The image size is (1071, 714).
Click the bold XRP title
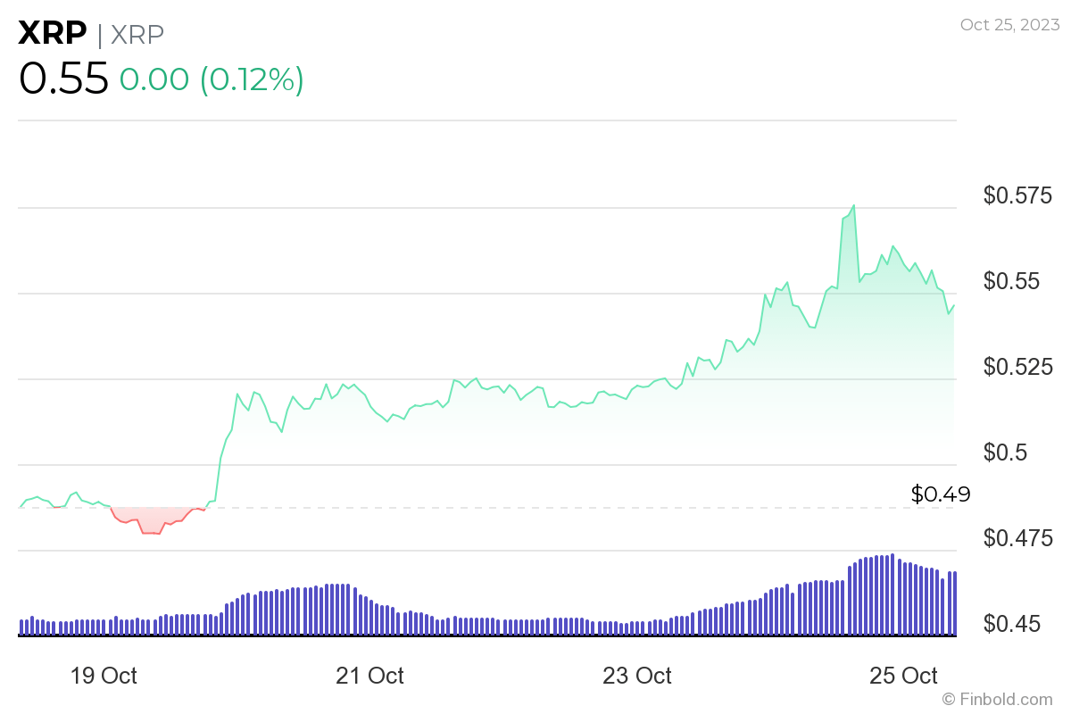tap(53, 33)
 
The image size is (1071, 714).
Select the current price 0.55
tap(63, 79)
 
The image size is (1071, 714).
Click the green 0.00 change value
tap(154, 79)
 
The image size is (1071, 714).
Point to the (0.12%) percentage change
tap(252, 79)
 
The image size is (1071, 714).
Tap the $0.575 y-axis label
tap(1017, 195)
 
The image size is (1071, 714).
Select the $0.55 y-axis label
tap(1017, 280)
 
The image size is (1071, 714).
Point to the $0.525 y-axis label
tap(1017, 366)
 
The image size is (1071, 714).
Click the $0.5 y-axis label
tap(1005, 452)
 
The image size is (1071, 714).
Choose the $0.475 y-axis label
tap(1017, 537)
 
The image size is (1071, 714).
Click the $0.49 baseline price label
tap(941, 494)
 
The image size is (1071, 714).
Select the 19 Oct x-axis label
tap(104, 676)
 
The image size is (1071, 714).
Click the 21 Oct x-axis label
tap(369, 676)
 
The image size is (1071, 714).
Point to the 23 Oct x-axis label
tap(636, 676)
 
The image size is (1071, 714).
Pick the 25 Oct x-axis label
tap(903, 676)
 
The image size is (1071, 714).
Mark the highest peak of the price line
tap(854, 205)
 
